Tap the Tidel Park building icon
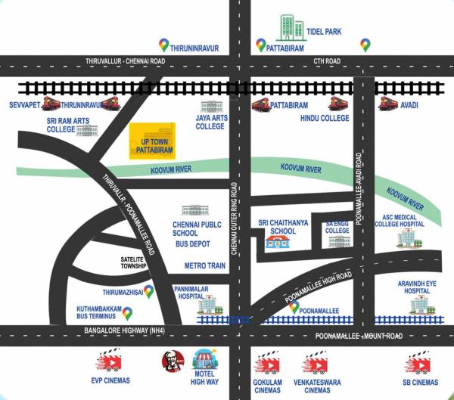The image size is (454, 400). click(288, 27)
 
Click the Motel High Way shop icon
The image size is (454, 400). click(202, 360)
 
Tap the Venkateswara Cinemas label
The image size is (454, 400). click(317, 387)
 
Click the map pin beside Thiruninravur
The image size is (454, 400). click(163, 46)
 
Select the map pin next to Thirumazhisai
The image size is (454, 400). click(148, 290)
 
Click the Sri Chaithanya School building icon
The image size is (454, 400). click(276, 242)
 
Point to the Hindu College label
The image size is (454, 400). click(324, 118)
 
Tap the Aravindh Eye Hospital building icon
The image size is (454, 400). click(419, 305)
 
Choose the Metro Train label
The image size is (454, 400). click(206, 266)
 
